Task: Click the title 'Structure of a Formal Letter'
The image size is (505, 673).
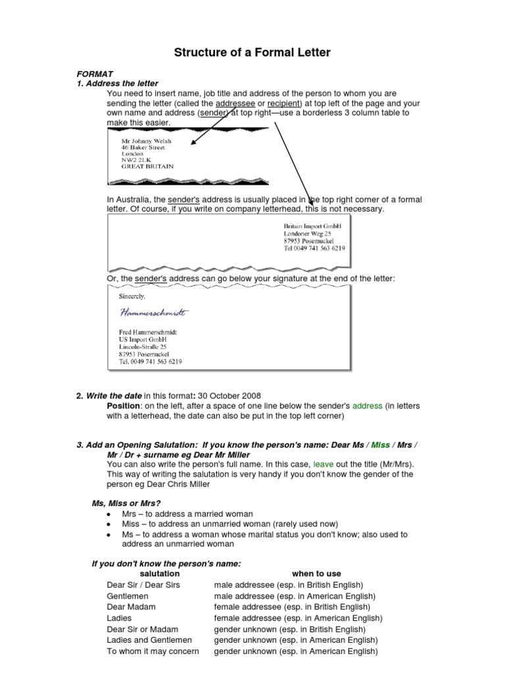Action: coord(252,53)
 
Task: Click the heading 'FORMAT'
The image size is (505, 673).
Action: coord(95,74)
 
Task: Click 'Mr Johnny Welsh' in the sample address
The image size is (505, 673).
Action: coord(146,140)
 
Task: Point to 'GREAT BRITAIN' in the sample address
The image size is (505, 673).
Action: coord(148,166)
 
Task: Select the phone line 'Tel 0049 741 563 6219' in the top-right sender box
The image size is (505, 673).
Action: coord(314,249)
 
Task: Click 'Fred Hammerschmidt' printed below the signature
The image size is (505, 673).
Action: coord(147,333)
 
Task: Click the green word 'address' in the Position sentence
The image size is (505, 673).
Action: coord(366,406)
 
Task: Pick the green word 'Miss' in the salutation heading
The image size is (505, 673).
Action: coord(381,445)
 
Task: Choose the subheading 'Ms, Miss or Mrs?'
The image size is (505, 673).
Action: coord(126,503)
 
